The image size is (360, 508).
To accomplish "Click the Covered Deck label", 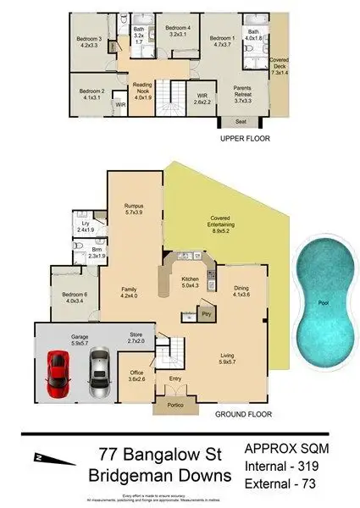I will pos(280,67).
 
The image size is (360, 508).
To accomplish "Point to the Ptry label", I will pos(206,315).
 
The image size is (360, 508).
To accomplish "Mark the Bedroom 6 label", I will pos(75,296).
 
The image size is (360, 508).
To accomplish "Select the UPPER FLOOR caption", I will pos(244,137).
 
